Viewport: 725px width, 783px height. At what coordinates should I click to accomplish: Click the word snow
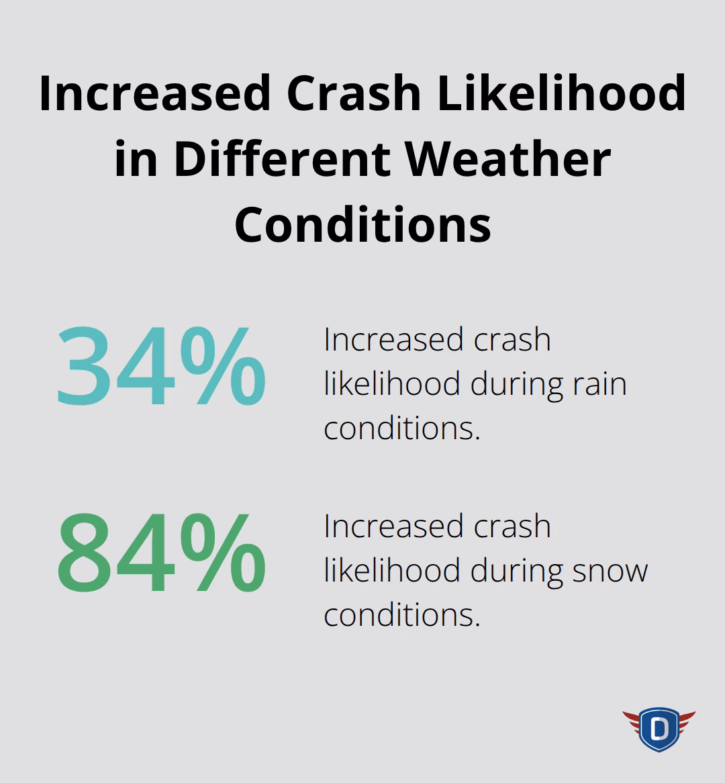click(610, 571)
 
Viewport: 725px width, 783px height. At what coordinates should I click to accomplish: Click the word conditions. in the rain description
click(402, 428)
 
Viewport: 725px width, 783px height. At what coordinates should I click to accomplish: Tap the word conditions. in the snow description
click(402, 614)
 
